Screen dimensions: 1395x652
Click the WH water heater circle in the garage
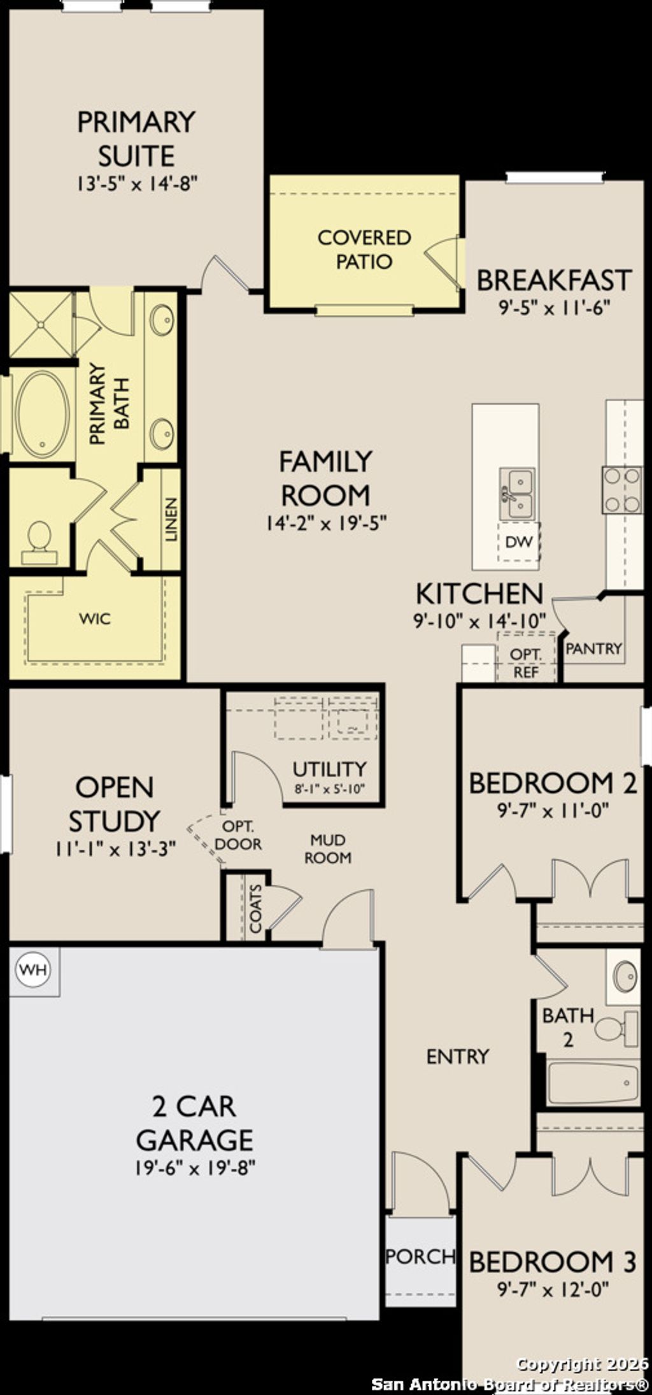(x=32, y=969)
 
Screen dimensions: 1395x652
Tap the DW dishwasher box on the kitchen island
(x=518, y=542)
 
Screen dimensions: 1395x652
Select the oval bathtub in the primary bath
(x=42, y=413)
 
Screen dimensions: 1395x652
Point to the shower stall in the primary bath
(x=41, y=325)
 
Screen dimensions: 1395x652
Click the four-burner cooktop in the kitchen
(x=622, y=489)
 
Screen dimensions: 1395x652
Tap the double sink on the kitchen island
(x=517, y=493)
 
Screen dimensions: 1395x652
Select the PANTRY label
(x=593, y=648)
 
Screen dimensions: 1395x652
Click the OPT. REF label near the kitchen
(x=526, y=663)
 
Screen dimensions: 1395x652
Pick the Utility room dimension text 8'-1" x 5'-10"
(x=329, y=789)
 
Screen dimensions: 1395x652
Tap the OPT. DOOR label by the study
(x=238, y=835)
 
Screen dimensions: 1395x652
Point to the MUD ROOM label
(x=328, y=848)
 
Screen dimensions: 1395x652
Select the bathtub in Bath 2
(x=592, y=1083)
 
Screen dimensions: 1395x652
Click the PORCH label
(x=420, y=1257)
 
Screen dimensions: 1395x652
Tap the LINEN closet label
(x=171, y=519)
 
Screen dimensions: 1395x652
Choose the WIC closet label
(x=95, y=618)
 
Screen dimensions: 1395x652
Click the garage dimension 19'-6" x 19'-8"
(x=195, y=1168)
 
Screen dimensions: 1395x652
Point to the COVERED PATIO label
(x=364, y=249)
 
